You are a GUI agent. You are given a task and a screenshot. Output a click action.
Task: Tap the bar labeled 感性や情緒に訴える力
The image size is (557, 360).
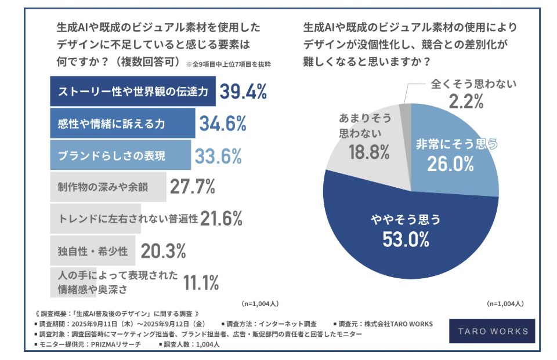(122, 123)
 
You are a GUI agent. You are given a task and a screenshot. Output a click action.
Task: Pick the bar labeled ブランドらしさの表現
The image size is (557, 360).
(120, 155)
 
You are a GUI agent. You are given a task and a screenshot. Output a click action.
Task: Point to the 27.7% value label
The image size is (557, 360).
(193, 187)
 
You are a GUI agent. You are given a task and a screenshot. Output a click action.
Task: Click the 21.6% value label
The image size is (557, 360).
(221, 219)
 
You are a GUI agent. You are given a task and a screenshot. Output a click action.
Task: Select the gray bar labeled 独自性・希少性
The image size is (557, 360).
(93, 250)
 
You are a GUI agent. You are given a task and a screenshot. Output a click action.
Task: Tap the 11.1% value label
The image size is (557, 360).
(201, 283)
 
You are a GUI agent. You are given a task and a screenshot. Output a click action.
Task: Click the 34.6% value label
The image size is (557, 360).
(223, 123)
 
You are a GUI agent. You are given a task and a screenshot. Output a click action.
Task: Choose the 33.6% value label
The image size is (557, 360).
(218, 155)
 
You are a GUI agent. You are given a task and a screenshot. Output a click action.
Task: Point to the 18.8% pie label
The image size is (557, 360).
(360, 152)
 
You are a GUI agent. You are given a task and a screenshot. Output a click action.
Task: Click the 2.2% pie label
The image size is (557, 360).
(466, 102)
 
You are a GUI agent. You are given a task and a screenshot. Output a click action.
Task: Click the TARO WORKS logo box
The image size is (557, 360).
(493, 332)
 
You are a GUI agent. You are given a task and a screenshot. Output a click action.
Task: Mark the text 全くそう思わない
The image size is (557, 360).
(473, 84)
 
